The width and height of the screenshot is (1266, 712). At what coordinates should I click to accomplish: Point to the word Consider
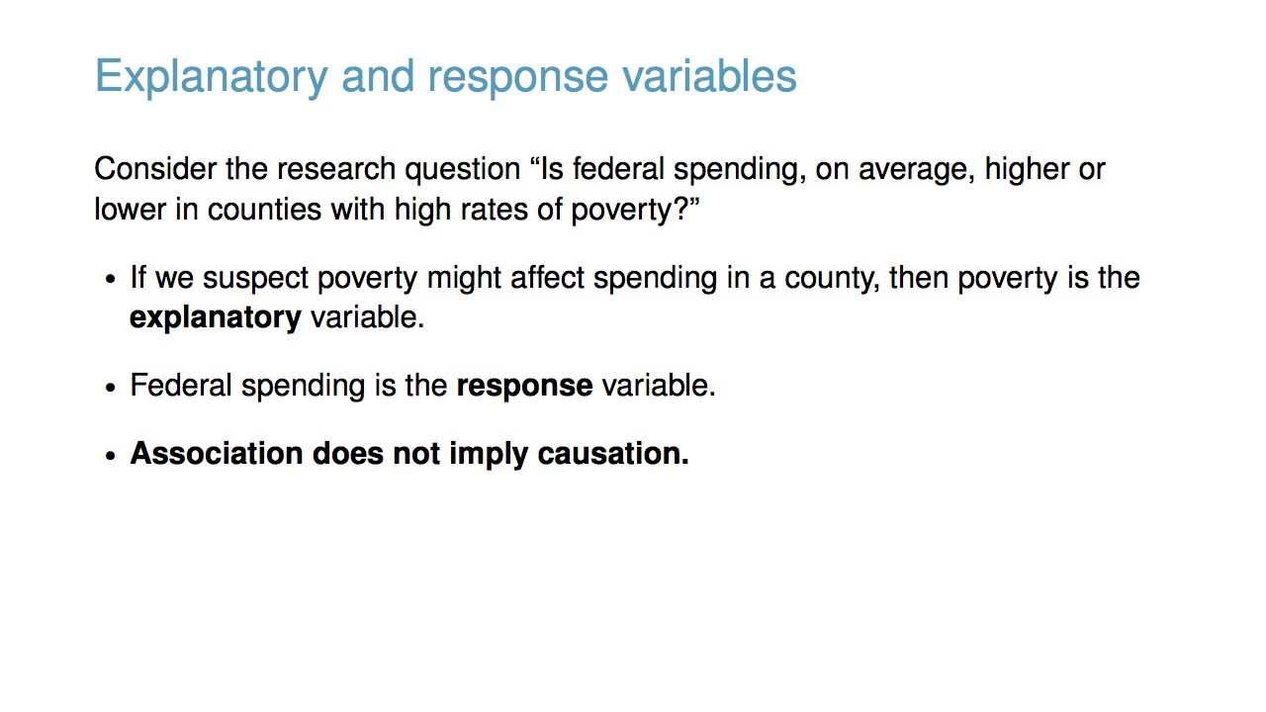tap(155, 169)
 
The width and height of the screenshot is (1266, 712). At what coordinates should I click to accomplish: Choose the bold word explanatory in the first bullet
tap(215, 317)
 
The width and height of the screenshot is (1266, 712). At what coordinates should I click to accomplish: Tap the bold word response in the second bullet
tap(524, 386)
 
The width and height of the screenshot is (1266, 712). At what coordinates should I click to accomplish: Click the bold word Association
tap(217, 453)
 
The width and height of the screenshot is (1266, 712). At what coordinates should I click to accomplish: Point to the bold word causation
tap(612, 453)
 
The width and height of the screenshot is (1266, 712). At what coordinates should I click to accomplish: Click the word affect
tap(547, 278)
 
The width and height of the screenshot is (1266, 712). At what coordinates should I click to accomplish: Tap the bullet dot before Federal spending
tap(111, 387)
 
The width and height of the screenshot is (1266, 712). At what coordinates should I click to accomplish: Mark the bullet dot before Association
tap(111, 455)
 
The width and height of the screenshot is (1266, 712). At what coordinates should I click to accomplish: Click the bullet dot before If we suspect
tap(111, 280)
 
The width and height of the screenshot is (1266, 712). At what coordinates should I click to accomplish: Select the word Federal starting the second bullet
tap(181, 386)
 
